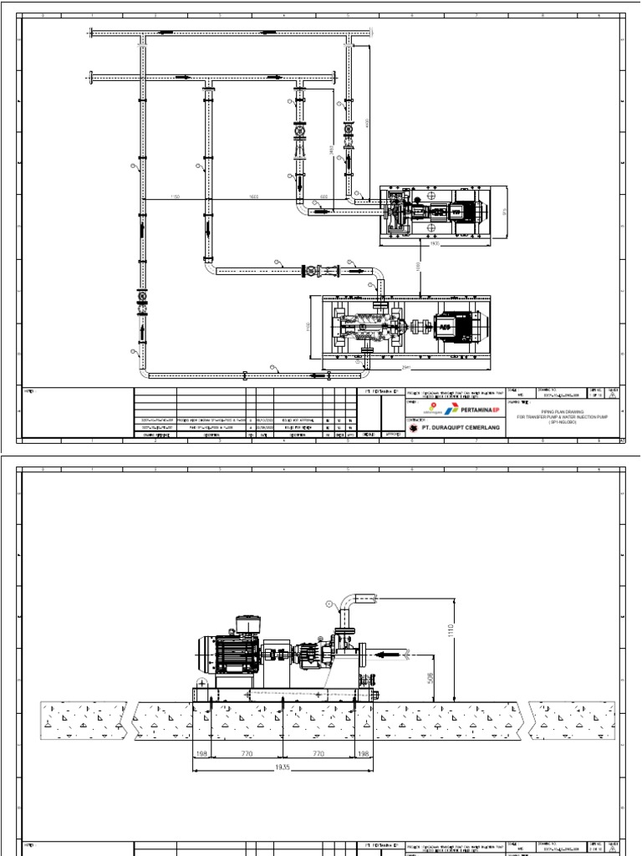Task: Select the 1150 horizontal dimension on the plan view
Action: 175,197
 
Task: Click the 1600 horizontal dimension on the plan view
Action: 252,197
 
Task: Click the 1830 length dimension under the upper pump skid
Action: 434,245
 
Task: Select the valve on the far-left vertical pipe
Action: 141,298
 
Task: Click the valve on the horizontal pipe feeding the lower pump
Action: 313,270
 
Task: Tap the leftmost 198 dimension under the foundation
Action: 202,754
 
